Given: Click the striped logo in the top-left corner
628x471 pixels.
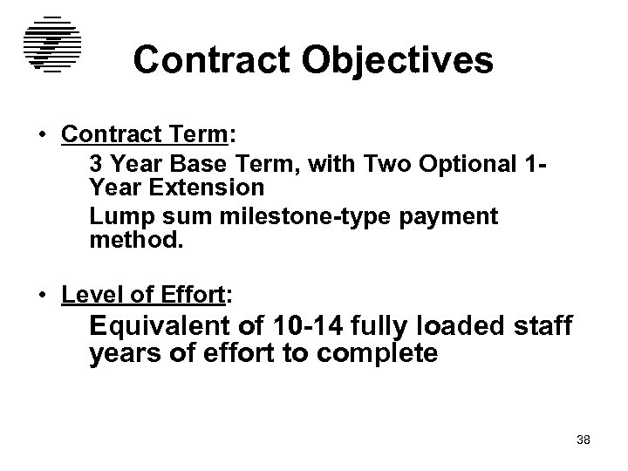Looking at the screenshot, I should coord(51,44).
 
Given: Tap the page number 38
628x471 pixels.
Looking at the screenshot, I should coord(584,440).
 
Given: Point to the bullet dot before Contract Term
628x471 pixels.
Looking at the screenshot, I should coord(42,137).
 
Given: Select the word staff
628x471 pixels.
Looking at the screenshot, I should coord(541,326).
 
